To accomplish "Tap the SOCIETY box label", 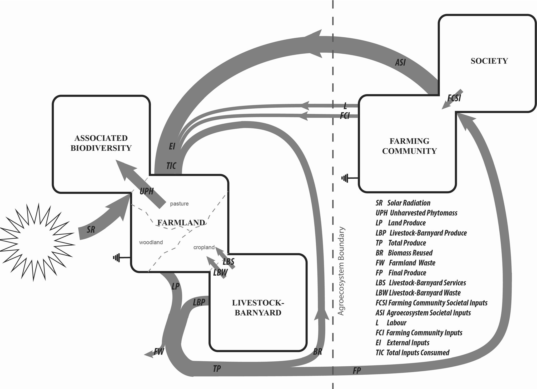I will [489, 61].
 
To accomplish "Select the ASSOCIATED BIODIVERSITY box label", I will [101, 143].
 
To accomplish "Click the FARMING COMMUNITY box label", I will [409, 146].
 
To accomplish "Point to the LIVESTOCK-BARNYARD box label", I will [258, 307].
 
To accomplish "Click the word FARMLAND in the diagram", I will [181, 223].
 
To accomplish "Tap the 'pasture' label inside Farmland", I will [179, 204].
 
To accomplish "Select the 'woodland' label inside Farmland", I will [151, 242].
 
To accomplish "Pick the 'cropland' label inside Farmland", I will [204, 247].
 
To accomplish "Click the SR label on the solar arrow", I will [91, 230].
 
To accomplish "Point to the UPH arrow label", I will [146, 191].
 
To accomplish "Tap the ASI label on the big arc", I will [400, 62].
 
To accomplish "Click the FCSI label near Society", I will [454, 98].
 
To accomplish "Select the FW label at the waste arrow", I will [159, 351].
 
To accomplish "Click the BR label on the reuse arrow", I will [317, 351].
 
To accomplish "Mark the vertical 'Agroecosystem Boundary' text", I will [341, 271].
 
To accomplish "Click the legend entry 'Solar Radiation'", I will [409, 203].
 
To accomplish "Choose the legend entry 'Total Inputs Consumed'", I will [417, 352].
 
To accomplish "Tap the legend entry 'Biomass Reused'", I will [410, 253].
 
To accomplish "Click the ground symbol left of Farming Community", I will [345, 178].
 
